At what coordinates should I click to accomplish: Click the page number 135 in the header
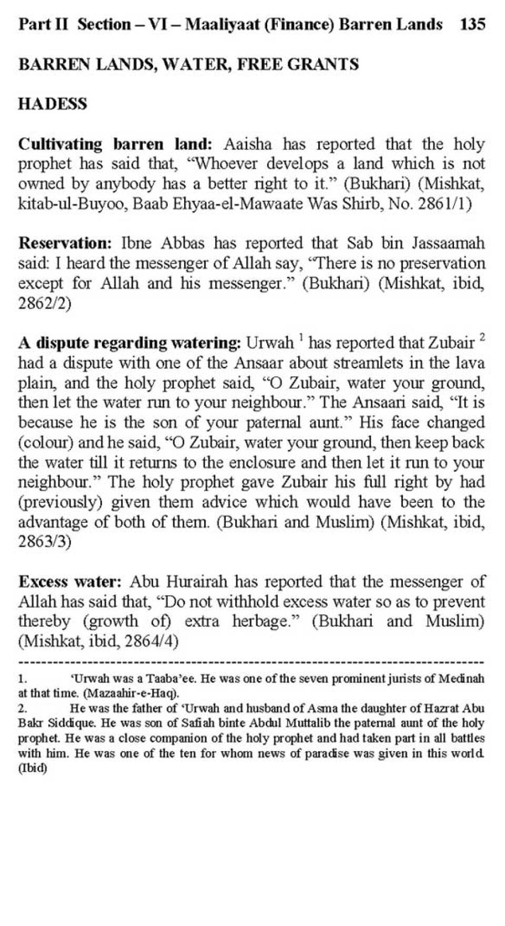[472, 24]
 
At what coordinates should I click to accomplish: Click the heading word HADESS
[53, 104]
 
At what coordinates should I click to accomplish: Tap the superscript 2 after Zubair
[482, 337]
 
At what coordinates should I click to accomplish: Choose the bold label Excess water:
[70, 582]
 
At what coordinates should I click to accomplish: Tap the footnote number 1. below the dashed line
[23, 679]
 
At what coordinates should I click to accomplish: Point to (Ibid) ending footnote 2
[33, 768]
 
